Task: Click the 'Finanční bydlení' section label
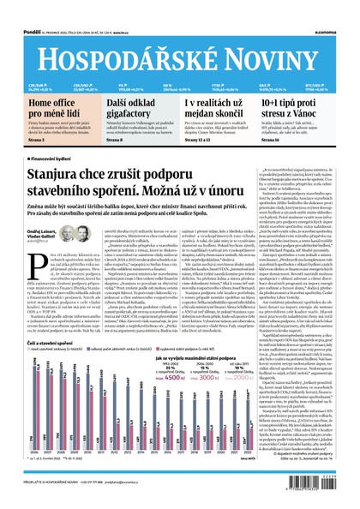coord(52,159)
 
